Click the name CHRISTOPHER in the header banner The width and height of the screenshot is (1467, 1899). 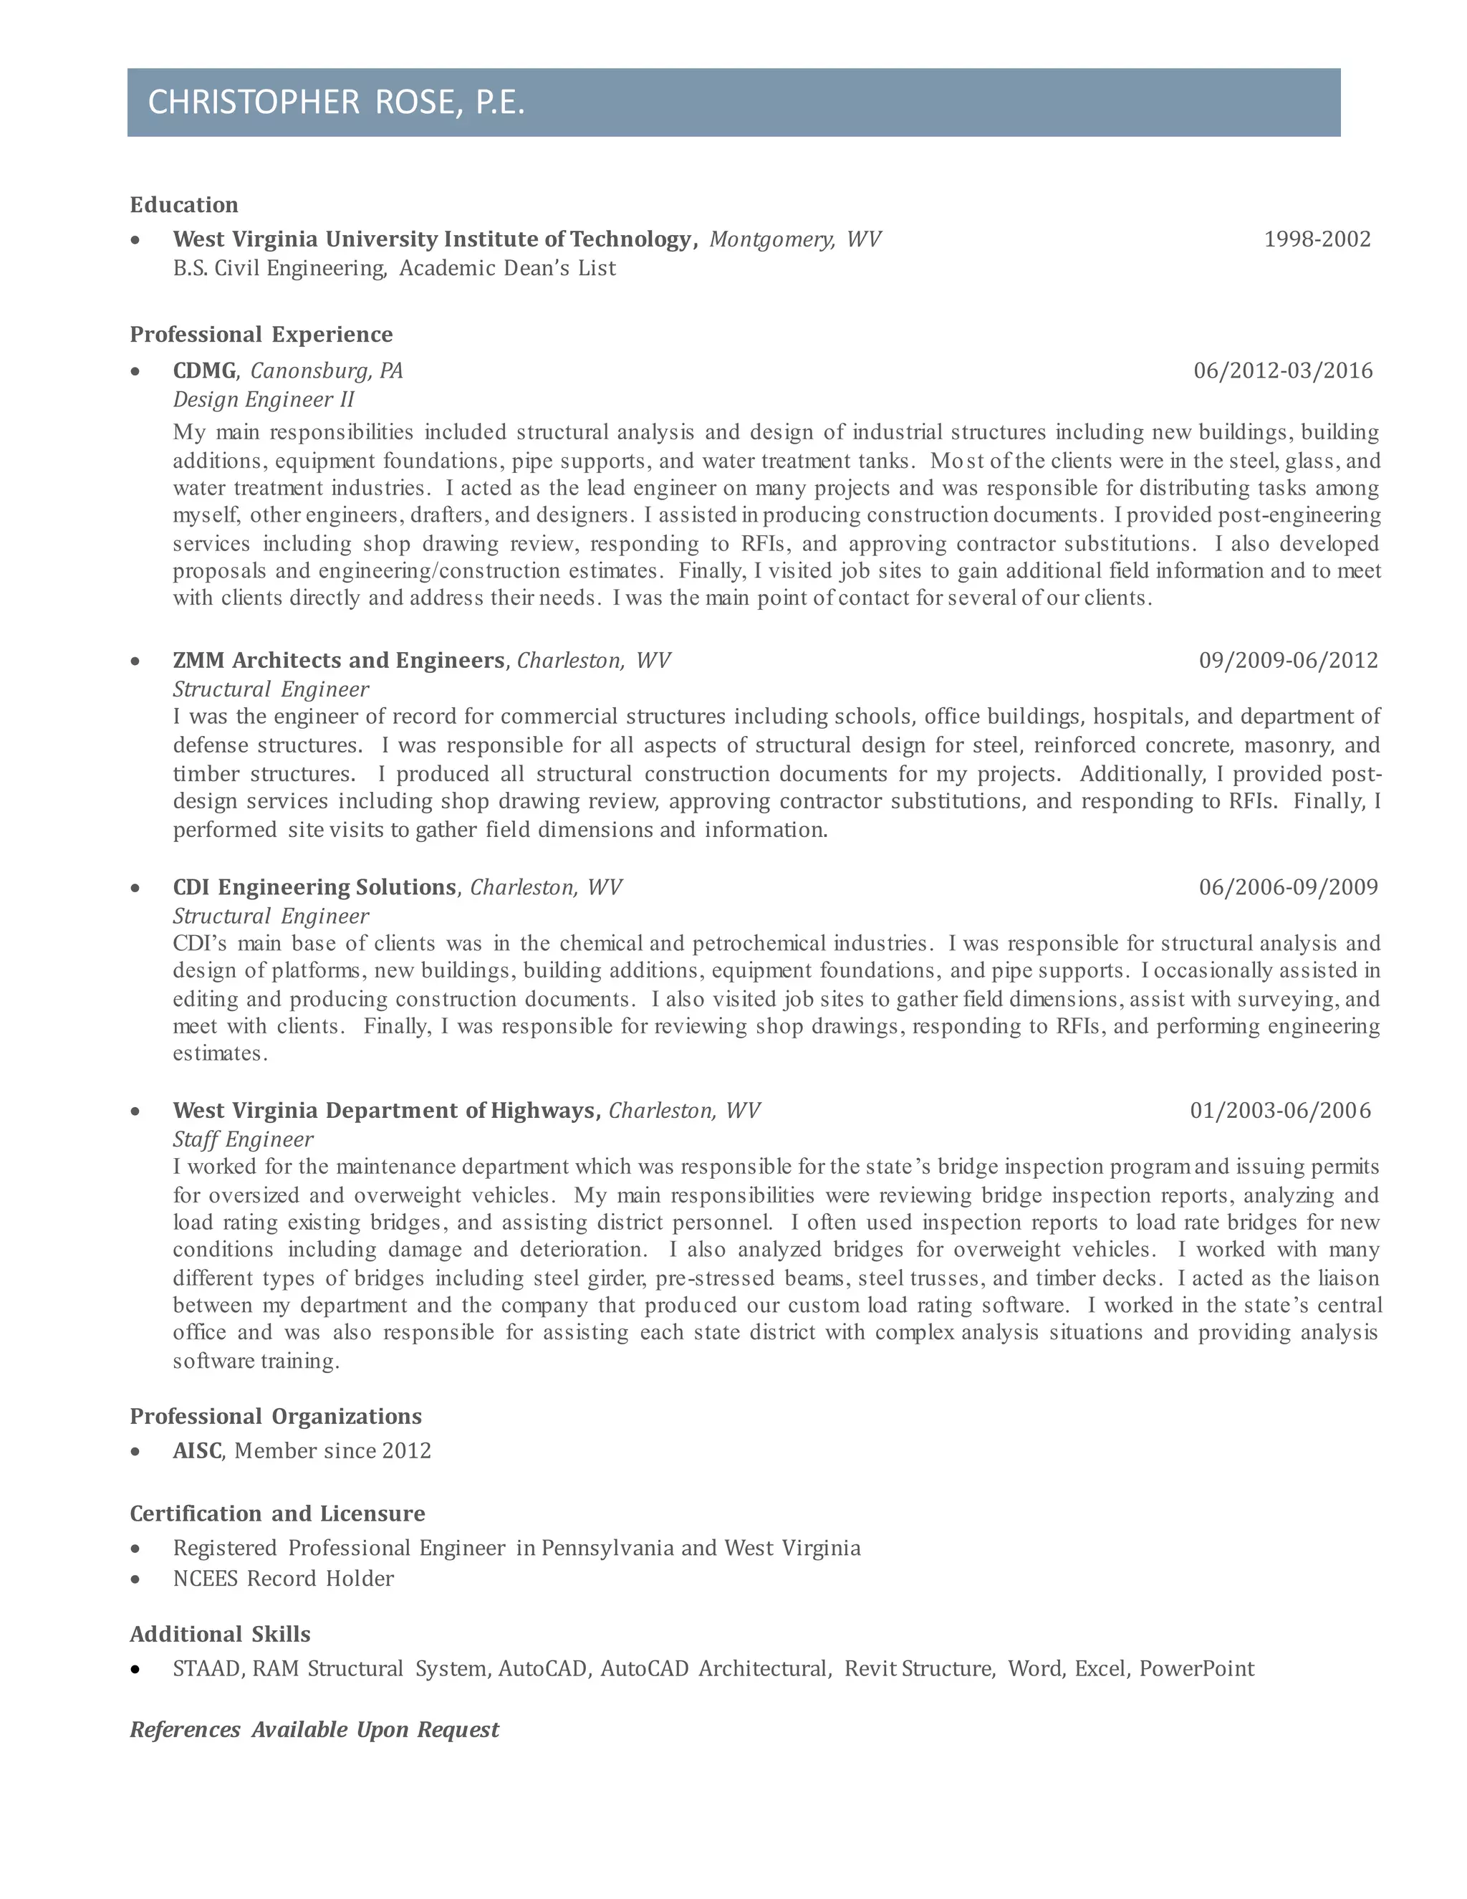point(253,102)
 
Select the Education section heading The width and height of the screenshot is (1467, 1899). point(183,205)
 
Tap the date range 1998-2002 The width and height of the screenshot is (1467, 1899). point(1317,239)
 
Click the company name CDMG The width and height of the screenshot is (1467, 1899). point(204,371)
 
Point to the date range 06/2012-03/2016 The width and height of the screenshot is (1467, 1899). point(1283,371)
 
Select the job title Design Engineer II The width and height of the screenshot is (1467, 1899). point(264,400)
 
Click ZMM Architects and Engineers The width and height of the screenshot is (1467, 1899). point(338,661)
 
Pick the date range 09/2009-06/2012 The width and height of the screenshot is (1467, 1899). point(1288,661)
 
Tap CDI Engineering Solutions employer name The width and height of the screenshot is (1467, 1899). point(314,888)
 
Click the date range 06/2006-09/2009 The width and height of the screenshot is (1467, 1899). point(1288,888)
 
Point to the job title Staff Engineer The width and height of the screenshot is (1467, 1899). point(243,1140)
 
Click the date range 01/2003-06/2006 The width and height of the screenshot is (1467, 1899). point(1280,1111)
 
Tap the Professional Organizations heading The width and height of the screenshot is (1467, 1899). point(276,1417)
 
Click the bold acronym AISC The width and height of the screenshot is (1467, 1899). point(197,1451)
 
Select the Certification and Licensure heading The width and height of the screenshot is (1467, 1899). point(277,1513)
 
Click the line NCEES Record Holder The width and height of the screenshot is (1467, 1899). point(284,1578)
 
